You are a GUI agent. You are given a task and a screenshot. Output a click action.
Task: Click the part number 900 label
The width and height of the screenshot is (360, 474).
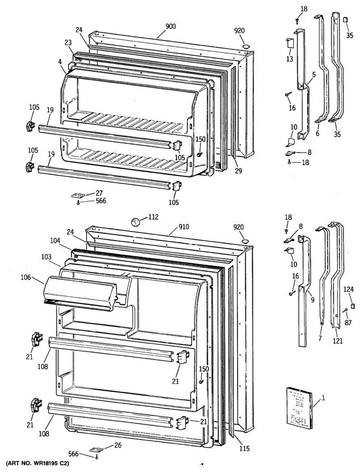point(171,27)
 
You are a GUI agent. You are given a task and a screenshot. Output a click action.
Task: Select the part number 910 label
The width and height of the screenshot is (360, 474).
point(183,227)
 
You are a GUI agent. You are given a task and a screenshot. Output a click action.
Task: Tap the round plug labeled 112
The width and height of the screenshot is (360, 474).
point(136,222)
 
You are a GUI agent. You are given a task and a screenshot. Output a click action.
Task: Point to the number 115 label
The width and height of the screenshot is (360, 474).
point(245,449)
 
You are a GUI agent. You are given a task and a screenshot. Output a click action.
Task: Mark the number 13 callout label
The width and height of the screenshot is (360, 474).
point(290,59)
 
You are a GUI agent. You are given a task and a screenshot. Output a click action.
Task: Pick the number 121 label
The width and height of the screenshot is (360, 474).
point(337,340)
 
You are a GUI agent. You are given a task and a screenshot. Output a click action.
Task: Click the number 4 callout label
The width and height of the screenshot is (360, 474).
point(60,62)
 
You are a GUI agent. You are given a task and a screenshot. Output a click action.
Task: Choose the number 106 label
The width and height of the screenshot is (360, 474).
point(26,277)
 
